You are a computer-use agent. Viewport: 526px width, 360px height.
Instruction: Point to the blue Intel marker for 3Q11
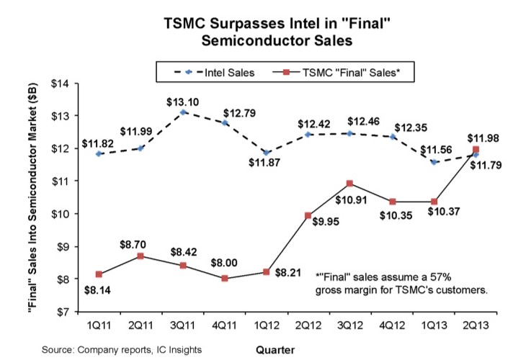(x=184, y=112)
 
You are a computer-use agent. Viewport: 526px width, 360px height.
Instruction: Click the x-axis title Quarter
(x=277, y=350)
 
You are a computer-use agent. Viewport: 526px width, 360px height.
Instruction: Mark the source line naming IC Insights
(x=117, y=349)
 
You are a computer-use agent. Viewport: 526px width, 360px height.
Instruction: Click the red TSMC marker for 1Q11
(x=98, y=274)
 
